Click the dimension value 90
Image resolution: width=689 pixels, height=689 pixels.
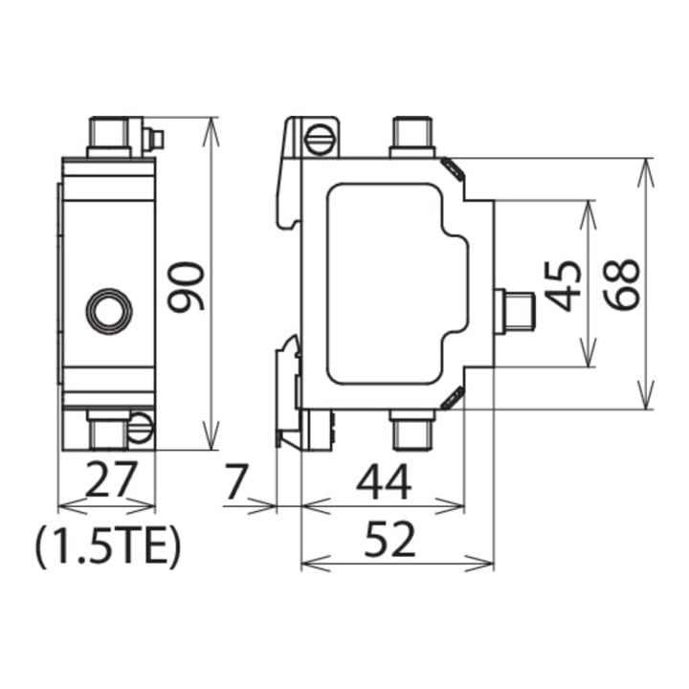[187, 286]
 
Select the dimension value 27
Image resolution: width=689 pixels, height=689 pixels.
[110, 478]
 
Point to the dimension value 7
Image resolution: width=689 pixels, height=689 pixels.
[236, 481]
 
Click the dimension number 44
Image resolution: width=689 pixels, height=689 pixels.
[384, 481]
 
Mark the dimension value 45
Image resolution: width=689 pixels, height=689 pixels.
[563, 286]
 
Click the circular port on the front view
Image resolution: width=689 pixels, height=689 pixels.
[108, 311]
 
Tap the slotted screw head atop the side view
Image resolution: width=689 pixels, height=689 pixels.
[320, 140]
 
